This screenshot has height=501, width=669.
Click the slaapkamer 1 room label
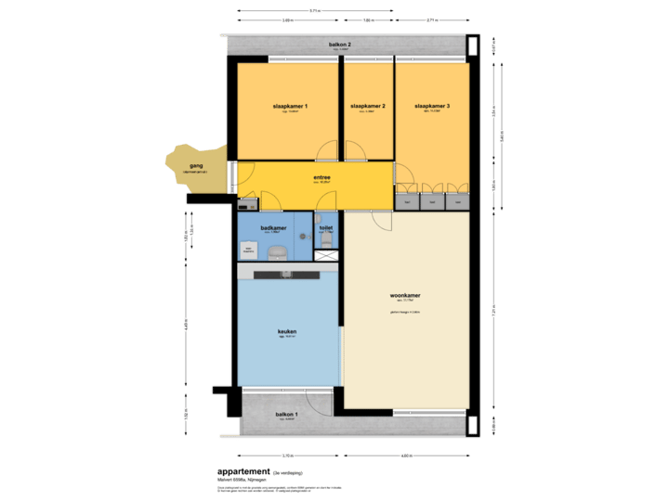290,107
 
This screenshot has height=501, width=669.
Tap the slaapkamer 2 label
368,107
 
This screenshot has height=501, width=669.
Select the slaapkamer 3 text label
432,107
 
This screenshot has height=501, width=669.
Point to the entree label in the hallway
322,178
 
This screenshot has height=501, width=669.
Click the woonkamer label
405,296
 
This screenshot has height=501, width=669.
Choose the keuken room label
287,331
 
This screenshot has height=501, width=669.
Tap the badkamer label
273,227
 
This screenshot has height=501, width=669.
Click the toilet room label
326,227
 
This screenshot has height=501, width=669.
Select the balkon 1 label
286,414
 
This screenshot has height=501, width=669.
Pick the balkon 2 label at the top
339,45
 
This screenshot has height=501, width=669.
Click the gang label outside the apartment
195,166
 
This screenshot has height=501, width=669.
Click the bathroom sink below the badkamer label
276,250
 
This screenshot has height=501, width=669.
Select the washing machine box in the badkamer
249,249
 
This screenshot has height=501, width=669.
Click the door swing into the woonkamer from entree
383,220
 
